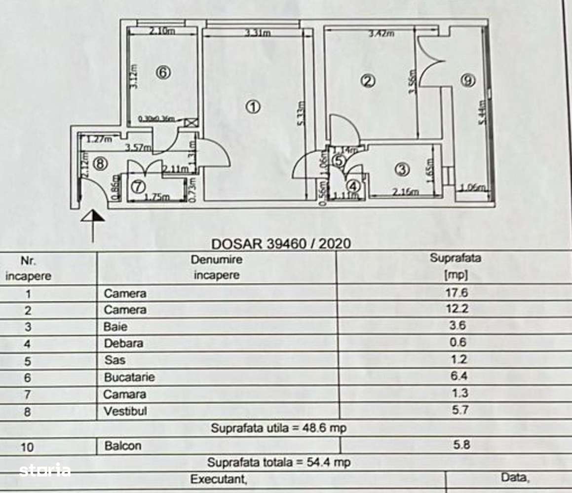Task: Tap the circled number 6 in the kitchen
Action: click(163, 73)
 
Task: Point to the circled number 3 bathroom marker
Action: click(402, 169)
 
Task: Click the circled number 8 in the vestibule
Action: click(100, 164)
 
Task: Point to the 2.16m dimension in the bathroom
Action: click(406, 192)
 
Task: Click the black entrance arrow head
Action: click(92, 215)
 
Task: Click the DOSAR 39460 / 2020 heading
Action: click(281, 244)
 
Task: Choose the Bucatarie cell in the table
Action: click(129, 378)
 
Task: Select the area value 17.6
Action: click(456, 293)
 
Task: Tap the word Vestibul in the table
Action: click(125, 411)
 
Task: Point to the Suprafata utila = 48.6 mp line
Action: click(279, 428)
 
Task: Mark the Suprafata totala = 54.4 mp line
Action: click(279, 462)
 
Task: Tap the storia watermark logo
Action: click(45, 470)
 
